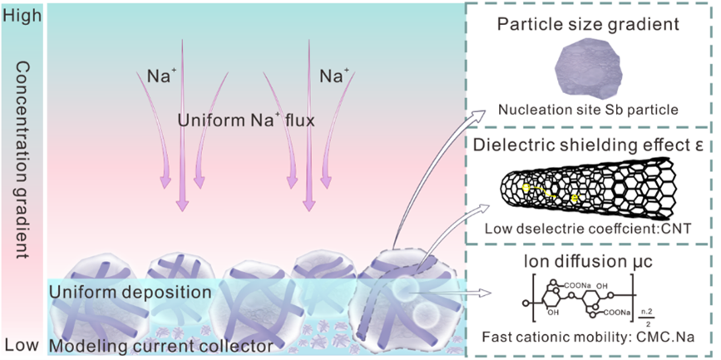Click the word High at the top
21,13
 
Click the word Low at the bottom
20,344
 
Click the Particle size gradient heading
590,23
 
